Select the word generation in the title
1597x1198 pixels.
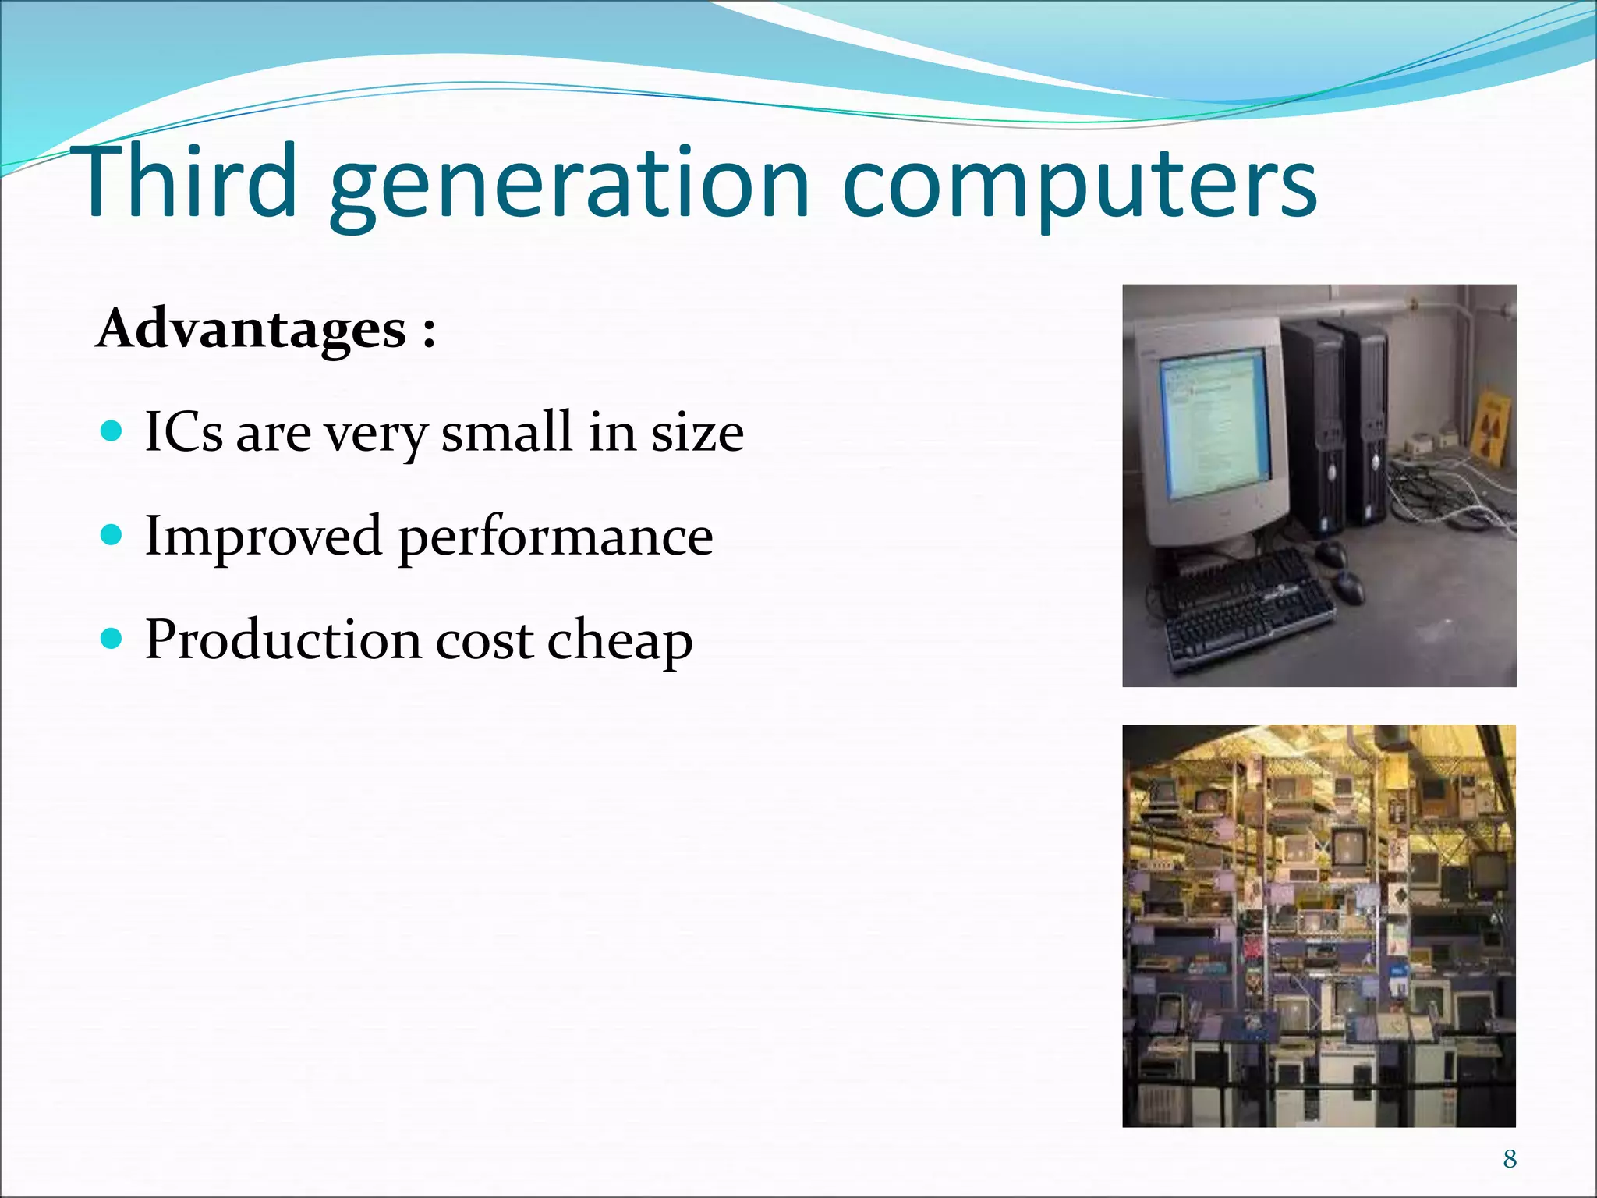click(569, 187)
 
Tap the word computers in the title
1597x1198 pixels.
click(1079, 187)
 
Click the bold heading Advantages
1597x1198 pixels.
click(251, 329)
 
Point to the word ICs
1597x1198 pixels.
click(184, 431)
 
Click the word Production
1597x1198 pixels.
click(283, 640)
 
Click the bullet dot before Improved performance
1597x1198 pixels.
click(112, 535)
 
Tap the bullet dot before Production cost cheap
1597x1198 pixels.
click(112, 639)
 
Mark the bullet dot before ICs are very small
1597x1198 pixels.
click(112, 431)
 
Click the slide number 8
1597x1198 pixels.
click(1510, 1159)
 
